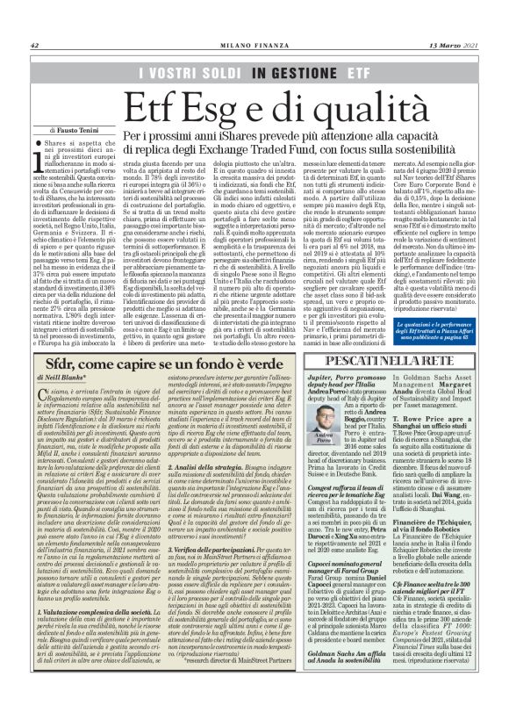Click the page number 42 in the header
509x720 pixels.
click(35, 46)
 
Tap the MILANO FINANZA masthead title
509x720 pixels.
click(254, 46)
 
